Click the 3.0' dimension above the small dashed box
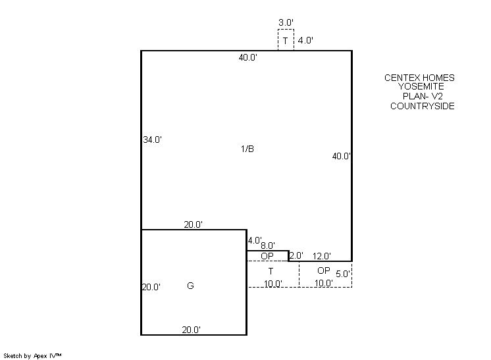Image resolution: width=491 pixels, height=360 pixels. click(x=286, y=22)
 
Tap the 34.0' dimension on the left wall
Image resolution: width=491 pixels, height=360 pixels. click(x=152, y=140)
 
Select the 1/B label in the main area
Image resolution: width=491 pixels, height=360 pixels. click(x=247, y=149)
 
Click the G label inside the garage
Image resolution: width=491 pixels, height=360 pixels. click(x=190, y=286)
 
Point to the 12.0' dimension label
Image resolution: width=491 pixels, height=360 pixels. click(x=322, y=256)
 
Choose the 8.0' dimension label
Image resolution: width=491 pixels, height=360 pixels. click(x=268, y=245)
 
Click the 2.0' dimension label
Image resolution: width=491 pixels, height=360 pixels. click(x=296, y=255)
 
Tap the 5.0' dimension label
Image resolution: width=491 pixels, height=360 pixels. click(x=342, y=274)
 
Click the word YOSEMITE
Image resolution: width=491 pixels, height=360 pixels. click(x=421, y=86)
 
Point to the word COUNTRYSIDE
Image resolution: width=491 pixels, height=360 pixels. click(x=423, y=106)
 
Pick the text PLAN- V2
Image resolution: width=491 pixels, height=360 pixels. click(x=423, y=96)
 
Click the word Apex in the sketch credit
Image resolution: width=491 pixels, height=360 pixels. click(x=39, y=356)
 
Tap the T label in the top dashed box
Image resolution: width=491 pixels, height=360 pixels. click(x=285, y=41)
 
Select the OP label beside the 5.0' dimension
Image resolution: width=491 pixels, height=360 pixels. click(x=324, y=270)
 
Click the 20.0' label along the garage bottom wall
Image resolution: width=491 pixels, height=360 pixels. click(x=192, y=330)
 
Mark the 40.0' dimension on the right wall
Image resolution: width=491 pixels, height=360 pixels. click(x=342, y=156)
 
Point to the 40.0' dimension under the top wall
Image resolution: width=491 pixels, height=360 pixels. click(x=248, y=58)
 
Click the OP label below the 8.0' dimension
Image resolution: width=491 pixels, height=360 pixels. click(x=267, y=256)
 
